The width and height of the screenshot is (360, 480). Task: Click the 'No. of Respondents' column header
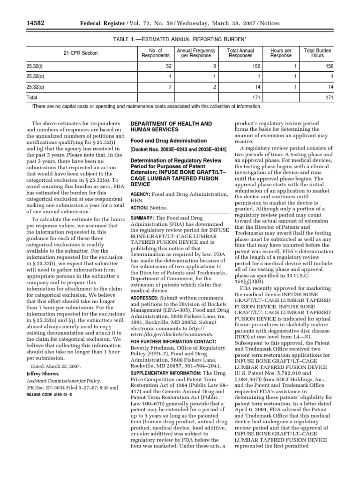pos(155,53)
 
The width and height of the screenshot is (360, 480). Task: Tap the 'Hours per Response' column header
pos(281,53)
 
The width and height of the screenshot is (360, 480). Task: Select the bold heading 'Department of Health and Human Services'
pos(171,126)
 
